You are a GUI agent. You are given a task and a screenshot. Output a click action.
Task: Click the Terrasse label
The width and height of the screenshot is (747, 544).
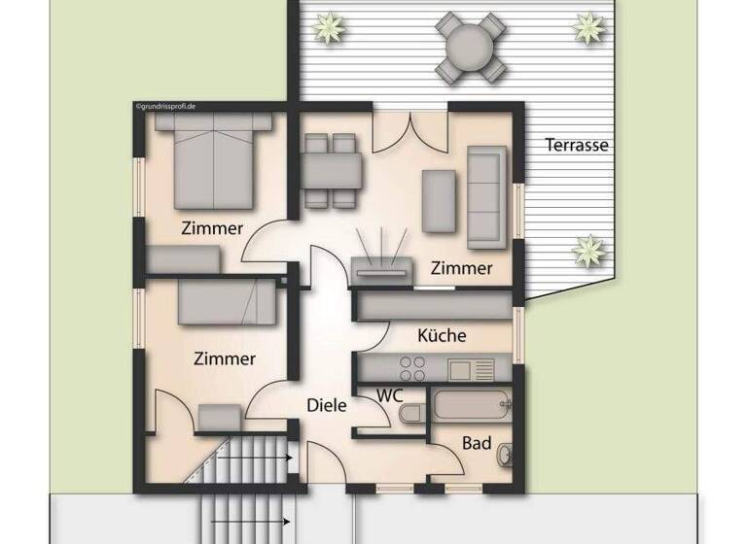coord(577,146)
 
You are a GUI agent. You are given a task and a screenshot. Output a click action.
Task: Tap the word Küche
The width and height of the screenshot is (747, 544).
coord(442,335)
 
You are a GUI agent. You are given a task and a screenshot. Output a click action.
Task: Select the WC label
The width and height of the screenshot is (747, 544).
coord(391,395)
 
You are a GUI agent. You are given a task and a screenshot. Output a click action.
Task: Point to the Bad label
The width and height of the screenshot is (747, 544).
coord(477,443)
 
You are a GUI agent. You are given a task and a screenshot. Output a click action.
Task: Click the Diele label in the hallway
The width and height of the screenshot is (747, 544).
coord(327,406)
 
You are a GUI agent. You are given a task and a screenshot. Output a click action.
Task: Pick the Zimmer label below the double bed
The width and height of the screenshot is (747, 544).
coord(212,229)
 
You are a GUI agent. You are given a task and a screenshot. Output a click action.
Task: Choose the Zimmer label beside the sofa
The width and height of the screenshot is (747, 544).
coord(462,268)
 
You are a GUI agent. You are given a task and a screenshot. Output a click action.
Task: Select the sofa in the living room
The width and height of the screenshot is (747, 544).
coord(486,196)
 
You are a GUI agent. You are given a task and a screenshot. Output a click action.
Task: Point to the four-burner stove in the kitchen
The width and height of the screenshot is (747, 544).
coord(413,368)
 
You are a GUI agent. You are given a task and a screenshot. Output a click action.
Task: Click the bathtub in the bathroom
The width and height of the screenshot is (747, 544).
coord(472,405)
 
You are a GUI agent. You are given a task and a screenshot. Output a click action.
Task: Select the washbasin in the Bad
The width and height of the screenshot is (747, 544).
coord(506,454)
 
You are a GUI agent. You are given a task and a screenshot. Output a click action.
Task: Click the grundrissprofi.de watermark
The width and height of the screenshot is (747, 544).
coord(166,104)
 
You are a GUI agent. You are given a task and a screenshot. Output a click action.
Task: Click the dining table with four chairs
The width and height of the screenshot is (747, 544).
coord(332,171)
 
